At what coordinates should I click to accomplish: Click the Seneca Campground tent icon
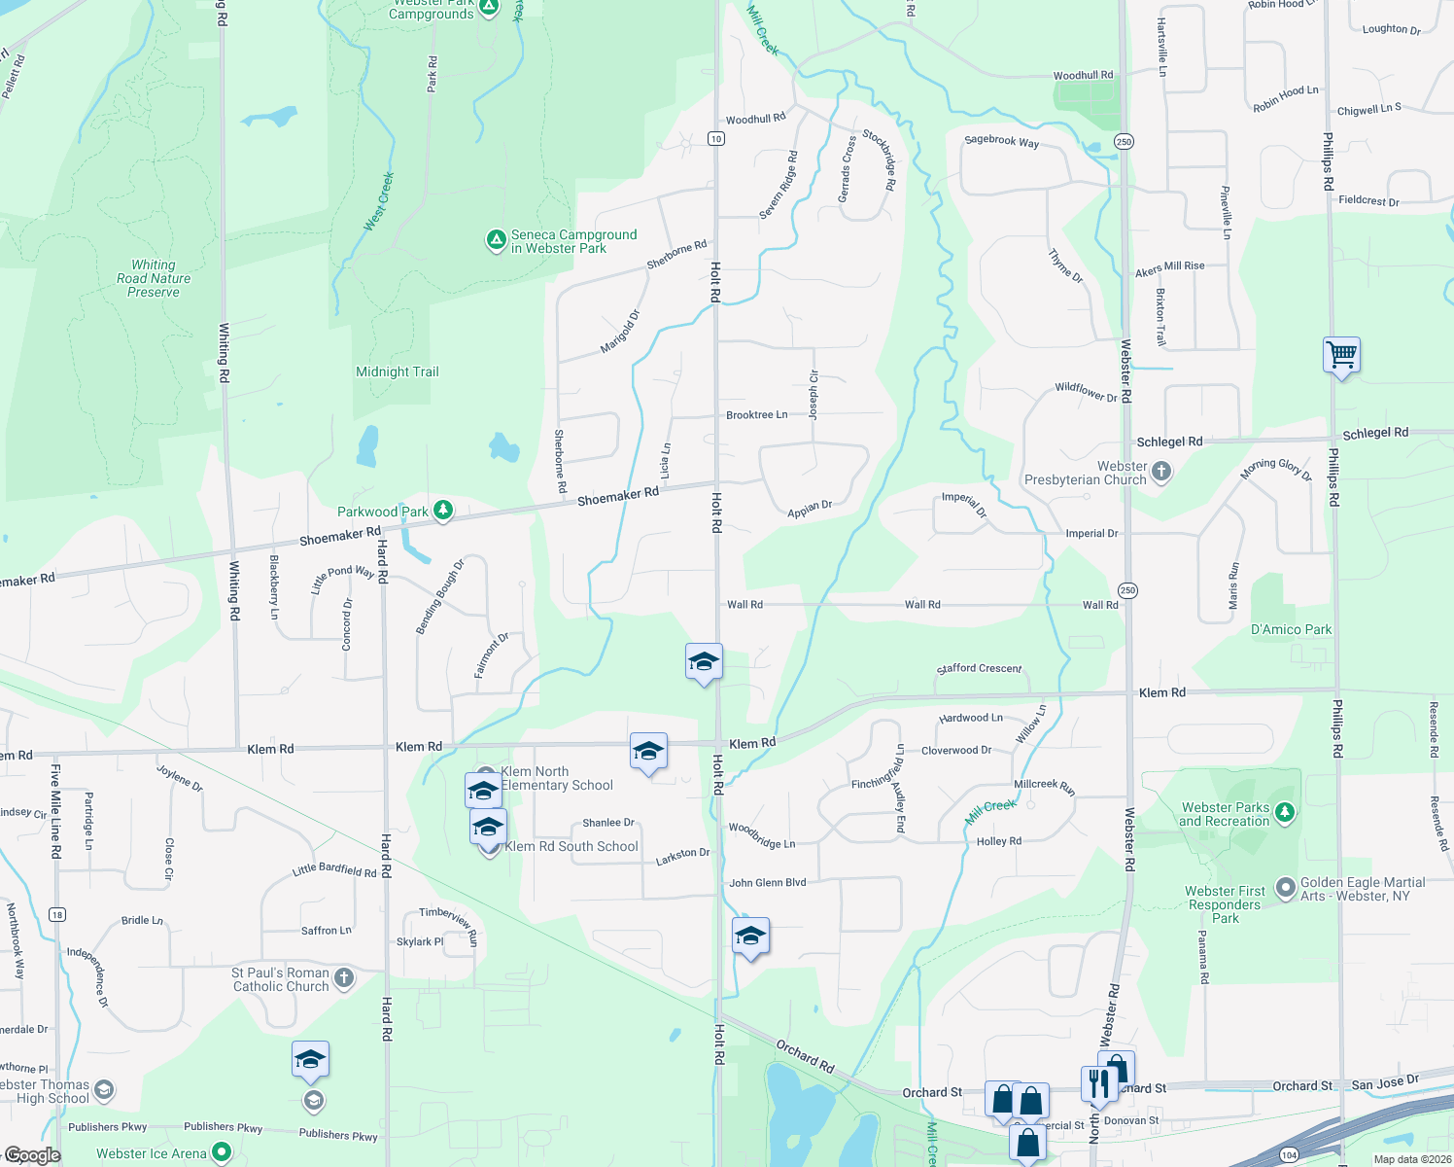(496, 239)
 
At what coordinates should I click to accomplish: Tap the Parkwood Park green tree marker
(443, 511)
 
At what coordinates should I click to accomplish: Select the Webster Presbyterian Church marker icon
(1161, 473)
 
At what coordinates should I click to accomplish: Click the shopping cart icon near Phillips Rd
(1341, 355)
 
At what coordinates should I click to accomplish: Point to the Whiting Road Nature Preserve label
(154, 278)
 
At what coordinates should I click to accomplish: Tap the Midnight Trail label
(398, 371)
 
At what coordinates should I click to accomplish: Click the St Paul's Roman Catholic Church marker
(344, 978)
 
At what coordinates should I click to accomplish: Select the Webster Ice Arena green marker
(222, 1152)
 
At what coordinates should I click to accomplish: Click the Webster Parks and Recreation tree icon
(1285, 813)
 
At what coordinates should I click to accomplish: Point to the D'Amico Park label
(1291, 629)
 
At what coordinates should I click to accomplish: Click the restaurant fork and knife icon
(1098, 1082)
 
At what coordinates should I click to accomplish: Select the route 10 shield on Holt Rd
(716, 138)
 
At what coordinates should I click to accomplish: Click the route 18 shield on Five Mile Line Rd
(57, 914)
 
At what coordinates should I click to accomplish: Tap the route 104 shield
(1289, 1154)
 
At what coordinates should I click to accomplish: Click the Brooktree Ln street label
(756, 415)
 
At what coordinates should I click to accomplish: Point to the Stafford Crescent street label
(979, 668)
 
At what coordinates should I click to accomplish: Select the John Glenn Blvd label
(768, 883)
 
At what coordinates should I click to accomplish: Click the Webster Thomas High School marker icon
(104, 1090)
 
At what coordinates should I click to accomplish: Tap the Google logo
(32, 1155)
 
